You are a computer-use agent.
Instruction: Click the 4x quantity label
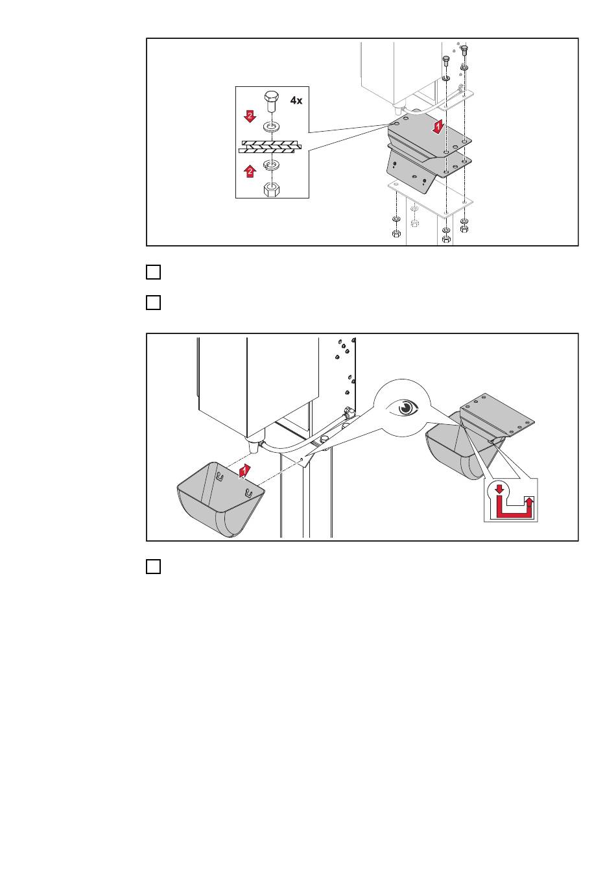pyautogui.click(x=296, y=101)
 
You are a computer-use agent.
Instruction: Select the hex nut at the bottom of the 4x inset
pyautogui.click(x=272, y=189)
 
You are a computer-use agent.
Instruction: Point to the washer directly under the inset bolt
pyautogui.click(x=272, y=127)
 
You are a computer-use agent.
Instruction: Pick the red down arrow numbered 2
pyautogui.click(x=250, y=116)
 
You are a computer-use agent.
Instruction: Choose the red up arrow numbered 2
pyautogui.click(x=250, y=171)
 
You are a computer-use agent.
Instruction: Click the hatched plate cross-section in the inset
pyautogui.click(x=270, y=146)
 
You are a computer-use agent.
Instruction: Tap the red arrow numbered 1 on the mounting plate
pyautogui.click(x=438, y=127)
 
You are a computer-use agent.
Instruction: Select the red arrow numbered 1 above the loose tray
pyautogui.click(x=244, y=470)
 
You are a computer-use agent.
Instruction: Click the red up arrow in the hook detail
pyautogui.click(x=529, y=503)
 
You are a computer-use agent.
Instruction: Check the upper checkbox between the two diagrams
pyautogui.click(x=153, y=272)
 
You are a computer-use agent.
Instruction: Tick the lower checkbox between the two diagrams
pyautogui.click(x=153, y=302)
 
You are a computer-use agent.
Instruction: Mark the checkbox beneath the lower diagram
pyautogui.click(x=153, y=566)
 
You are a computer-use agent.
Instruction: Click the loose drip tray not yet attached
pyautogui.click(x=220, y=499)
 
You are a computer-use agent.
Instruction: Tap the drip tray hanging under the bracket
pyautogui.click(x=460, y=448)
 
